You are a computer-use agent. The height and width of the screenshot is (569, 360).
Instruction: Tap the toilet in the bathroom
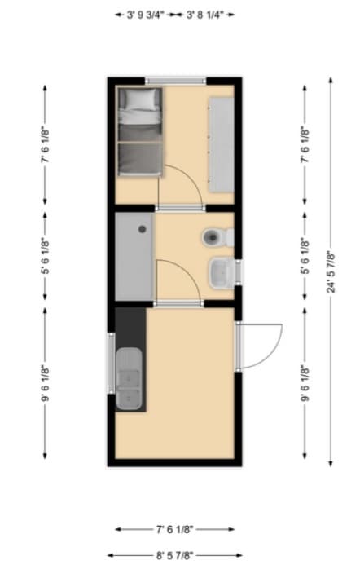coord(216,238)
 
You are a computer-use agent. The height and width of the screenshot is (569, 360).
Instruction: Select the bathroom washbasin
coord(222,271)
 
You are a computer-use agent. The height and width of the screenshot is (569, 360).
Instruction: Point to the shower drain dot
coord(147,230)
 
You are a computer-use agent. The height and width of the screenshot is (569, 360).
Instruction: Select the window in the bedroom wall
coord(175,80)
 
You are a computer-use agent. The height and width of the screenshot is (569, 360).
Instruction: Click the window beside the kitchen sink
coord(112,362)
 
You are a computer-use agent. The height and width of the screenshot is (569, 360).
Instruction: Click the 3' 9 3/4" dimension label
coord(147,14)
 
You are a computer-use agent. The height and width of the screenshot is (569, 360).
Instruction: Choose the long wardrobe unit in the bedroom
coord(221,143)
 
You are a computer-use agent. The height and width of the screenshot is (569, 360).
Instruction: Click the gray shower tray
coord(134,256)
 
